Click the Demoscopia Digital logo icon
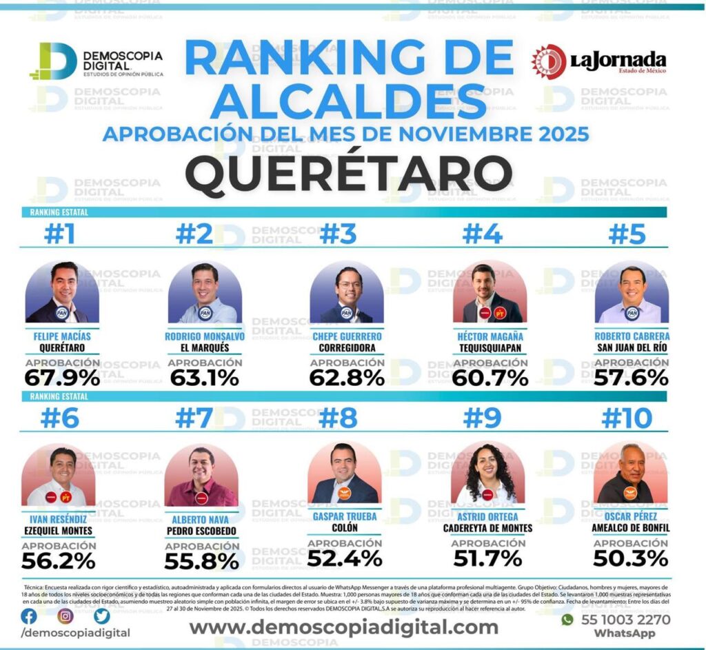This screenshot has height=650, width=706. [52, 61]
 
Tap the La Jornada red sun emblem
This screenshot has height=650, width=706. [548, 61]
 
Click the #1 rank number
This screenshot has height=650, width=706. [59, 235]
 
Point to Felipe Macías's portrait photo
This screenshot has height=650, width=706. [62, 292]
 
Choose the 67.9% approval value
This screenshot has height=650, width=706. [62, 378]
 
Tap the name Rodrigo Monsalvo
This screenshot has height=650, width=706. [205, 336]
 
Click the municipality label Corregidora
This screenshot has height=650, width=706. [347, 348]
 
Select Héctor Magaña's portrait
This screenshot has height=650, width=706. [490, 292]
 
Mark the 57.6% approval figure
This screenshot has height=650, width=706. [632, 378]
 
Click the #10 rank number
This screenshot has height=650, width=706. [627, 418]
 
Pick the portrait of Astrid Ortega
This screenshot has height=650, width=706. [487, 474]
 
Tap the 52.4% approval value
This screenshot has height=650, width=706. [344, 558]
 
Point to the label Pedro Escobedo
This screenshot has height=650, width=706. [201, 531]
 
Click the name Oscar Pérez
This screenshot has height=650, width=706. [632, 516]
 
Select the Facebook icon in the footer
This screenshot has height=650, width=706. [29, 616]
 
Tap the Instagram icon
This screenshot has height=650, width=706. [65, 616]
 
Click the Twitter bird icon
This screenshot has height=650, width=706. [101, 616]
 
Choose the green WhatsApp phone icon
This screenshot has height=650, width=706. [567, 620]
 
